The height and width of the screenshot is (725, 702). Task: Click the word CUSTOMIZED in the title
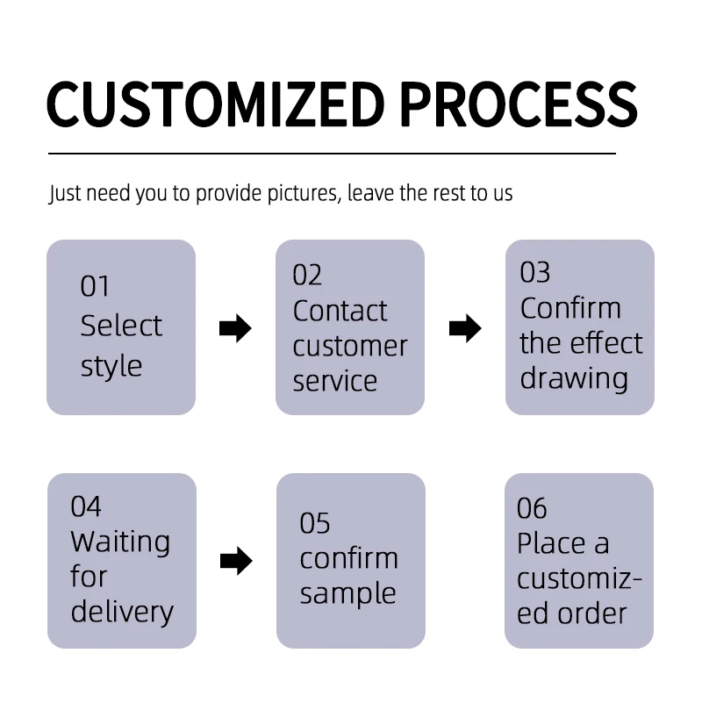click(215, 104)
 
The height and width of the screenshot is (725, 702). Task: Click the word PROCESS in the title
click(518, 104)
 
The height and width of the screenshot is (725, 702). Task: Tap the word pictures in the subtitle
click(297, 193)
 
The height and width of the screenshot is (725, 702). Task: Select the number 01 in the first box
click(95, 287)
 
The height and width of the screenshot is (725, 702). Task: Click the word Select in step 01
click(121, 326)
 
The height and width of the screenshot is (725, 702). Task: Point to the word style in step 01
click(111, 366)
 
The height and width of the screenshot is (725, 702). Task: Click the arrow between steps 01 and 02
click(234, 329)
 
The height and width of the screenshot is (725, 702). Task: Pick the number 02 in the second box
click(307, 276)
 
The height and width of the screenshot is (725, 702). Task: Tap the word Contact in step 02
click(340, 311)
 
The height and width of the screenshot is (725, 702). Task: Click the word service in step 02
click(334, 381)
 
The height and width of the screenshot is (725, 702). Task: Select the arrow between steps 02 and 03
click(465, 329)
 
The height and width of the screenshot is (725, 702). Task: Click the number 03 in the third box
click(534, 273)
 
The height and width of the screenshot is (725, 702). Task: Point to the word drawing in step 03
click(574, 378)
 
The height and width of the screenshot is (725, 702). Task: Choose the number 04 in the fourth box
click(86, 506)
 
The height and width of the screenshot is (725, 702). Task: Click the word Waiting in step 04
click(120, 542)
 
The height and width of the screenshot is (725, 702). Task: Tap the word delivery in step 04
click(122, 612)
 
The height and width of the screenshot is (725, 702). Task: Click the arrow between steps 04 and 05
click(235, 561)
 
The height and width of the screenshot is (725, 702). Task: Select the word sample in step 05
click(347, 593)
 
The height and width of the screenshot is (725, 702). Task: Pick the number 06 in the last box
click(532, 508)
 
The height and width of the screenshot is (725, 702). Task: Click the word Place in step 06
click(551, 543)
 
